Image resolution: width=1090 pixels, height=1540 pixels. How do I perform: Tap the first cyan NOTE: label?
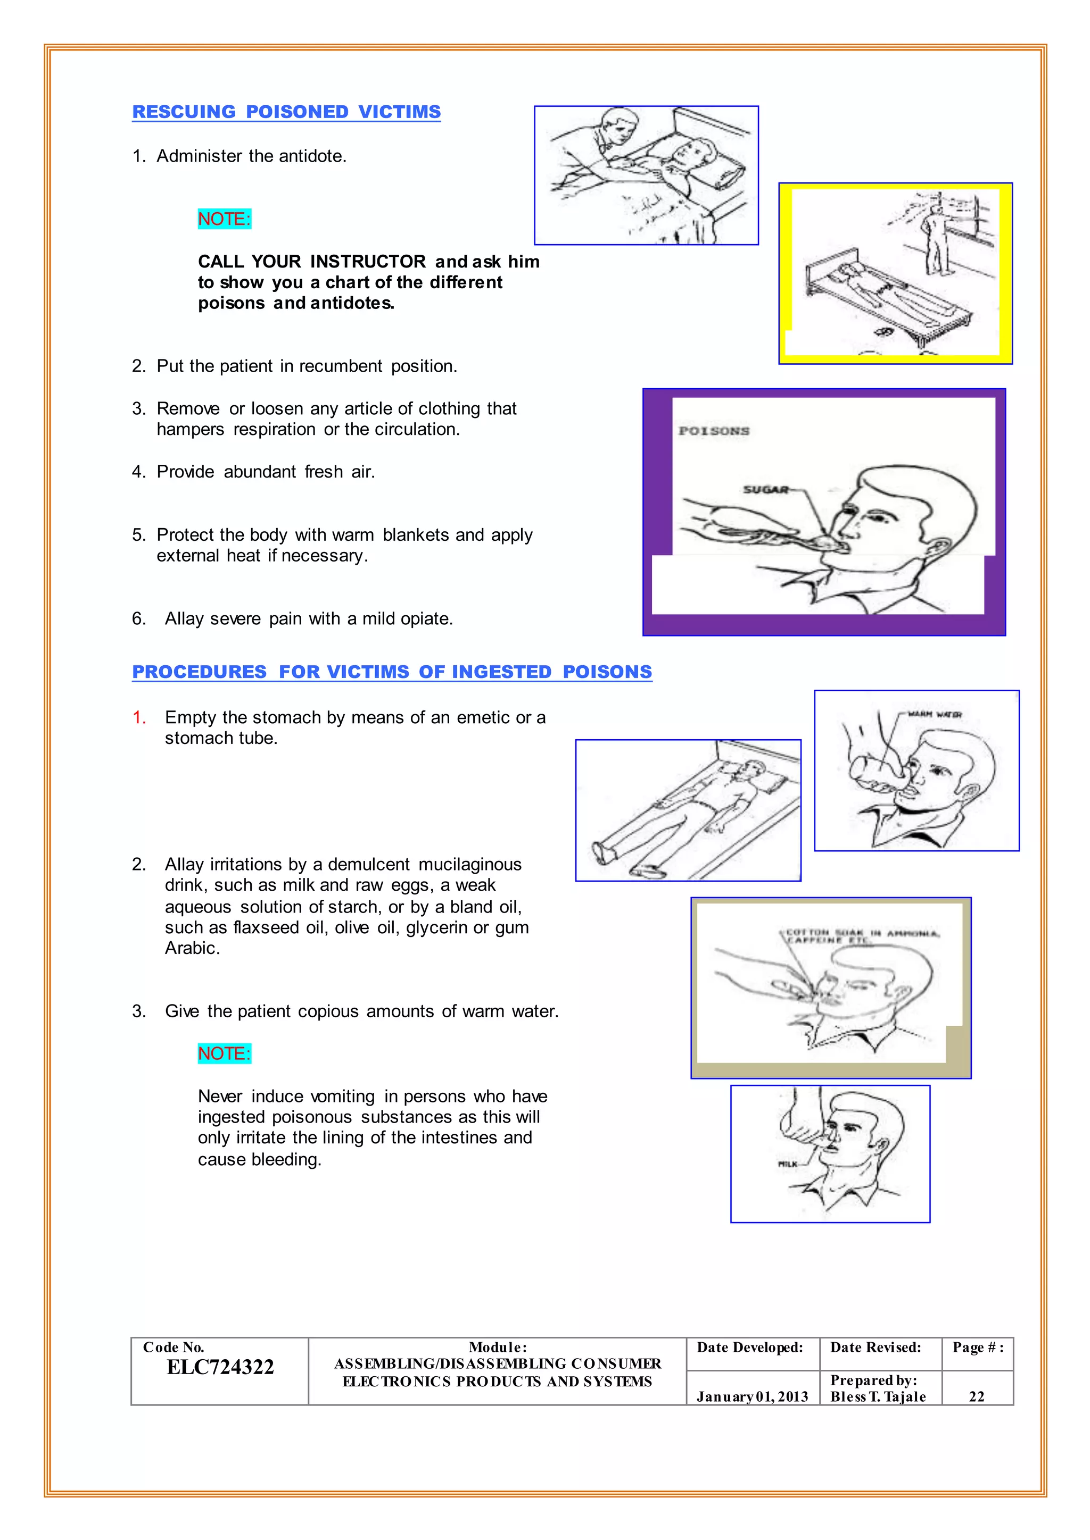pyautogui.click(x=224, y=219)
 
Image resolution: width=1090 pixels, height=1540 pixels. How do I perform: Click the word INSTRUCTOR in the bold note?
pyautogui.click(x=368, y=262)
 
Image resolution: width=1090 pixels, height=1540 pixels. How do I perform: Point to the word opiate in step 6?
pyautogui.click(x=428, y=618)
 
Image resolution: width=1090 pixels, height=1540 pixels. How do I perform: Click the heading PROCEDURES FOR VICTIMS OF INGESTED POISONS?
pyautogui.click(x=392, y=672)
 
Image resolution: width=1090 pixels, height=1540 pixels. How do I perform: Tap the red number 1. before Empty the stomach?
pyautogui.click(x=139, y=718)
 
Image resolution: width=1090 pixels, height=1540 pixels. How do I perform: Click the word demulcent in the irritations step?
pyautogui.click(x=368, y=865)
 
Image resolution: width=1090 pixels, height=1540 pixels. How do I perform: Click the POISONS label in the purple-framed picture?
pyautogui.click(x=714, y=431)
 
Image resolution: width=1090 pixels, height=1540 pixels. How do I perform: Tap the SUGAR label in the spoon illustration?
pyautogui.click(x=765, y=490)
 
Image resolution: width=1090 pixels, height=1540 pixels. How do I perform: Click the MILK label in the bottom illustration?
pyautogui.click(x=787, y=1164)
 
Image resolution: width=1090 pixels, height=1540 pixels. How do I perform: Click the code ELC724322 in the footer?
pyautogui.click(x=220, y=1368)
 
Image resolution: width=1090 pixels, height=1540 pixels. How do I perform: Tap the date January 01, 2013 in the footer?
pyautogui.click(x=752, y=1396)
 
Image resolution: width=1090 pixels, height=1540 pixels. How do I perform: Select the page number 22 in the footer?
pyautogui.click(x=977, y=1396)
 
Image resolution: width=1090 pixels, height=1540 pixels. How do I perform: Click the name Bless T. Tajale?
pyautogui.click(x=878, y=1396)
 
